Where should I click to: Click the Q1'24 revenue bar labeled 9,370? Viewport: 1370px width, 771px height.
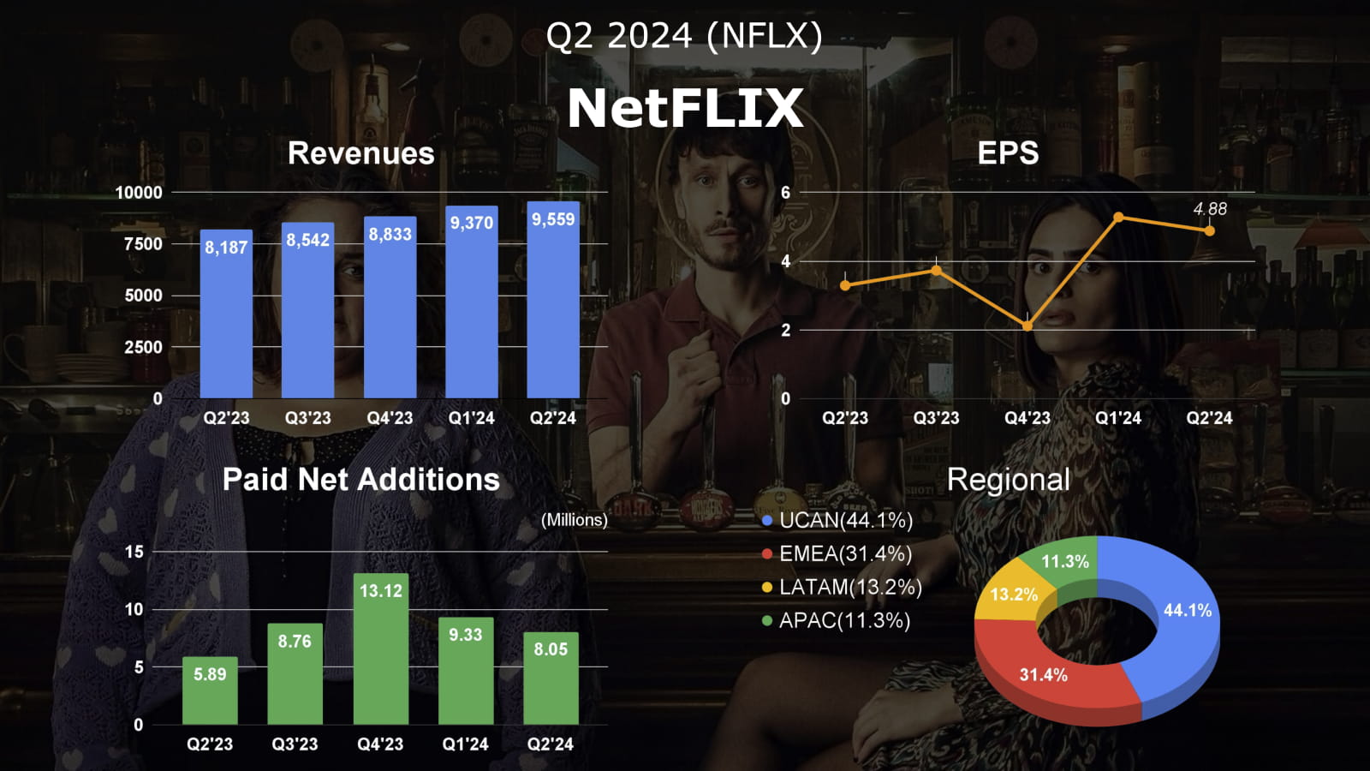tap(472, 308)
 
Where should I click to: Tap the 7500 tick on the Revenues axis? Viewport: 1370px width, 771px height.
tap(143, 244)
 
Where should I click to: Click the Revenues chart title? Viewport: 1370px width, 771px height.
tap(360, 153)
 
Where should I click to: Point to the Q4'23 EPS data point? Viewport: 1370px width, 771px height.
tap(1027, 326)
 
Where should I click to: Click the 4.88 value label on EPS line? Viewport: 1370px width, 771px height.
tap(1210, 209)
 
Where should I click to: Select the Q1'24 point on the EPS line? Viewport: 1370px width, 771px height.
tap(1118, 218)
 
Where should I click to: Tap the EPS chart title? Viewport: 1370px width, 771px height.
tap(1008, 153)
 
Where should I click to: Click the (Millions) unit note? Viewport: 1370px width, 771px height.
tap(574, 520)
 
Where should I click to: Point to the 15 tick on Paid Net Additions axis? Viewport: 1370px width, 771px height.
tap(134, 552)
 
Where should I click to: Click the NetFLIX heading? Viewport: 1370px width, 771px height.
tap(685, 108)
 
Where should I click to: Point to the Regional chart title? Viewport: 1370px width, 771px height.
tap(1008, 480)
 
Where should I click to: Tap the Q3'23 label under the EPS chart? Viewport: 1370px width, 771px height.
tap(936, 418)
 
